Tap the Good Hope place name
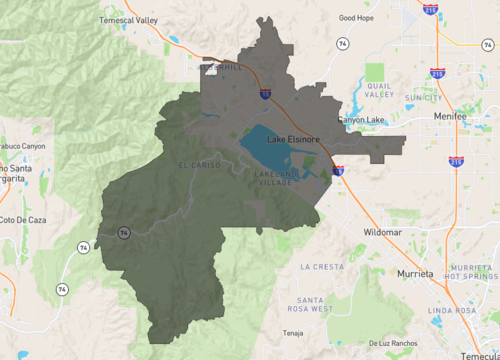(x=356, y=17)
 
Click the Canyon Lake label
(x=361, y=120)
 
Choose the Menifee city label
(x=452, y=116)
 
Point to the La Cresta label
(x=321, y=267)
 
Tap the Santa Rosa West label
(x=309, y=304)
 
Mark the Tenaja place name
(x=292, y=333)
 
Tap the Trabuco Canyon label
(x=22, y=146)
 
